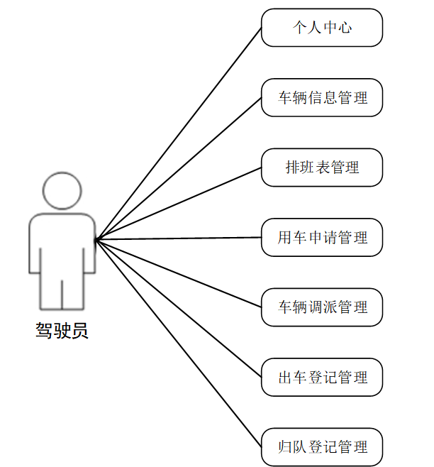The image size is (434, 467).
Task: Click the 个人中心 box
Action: pyautogui.click(x=322, y=28)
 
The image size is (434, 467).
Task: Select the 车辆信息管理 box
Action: pyautogui.click(x=322, y=97)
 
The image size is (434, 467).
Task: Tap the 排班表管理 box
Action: pyautogui.click(x=322, y=167)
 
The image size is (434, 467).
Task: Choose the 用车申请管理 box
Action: pyautogui.click(x=322, y=237)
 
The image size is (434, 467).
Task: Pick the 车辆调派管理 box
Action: pyautogui.click(x=322, y=307)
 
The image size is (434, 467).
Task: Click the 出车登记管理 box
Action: pyautogui.click(x=322, y=377)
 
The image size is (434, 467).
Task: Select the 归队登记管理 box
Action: pyautogui.click(x=322, y=447)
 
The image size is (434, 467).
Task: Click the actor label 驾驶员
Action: pyautogui.click(x=62, y=331)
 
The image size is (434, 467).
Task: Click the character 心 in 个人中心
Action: pyautogui.click(x=345, y=28)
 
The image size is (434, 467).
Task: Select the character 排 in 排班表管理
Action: pyautogui.click(x=292, y=167)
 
